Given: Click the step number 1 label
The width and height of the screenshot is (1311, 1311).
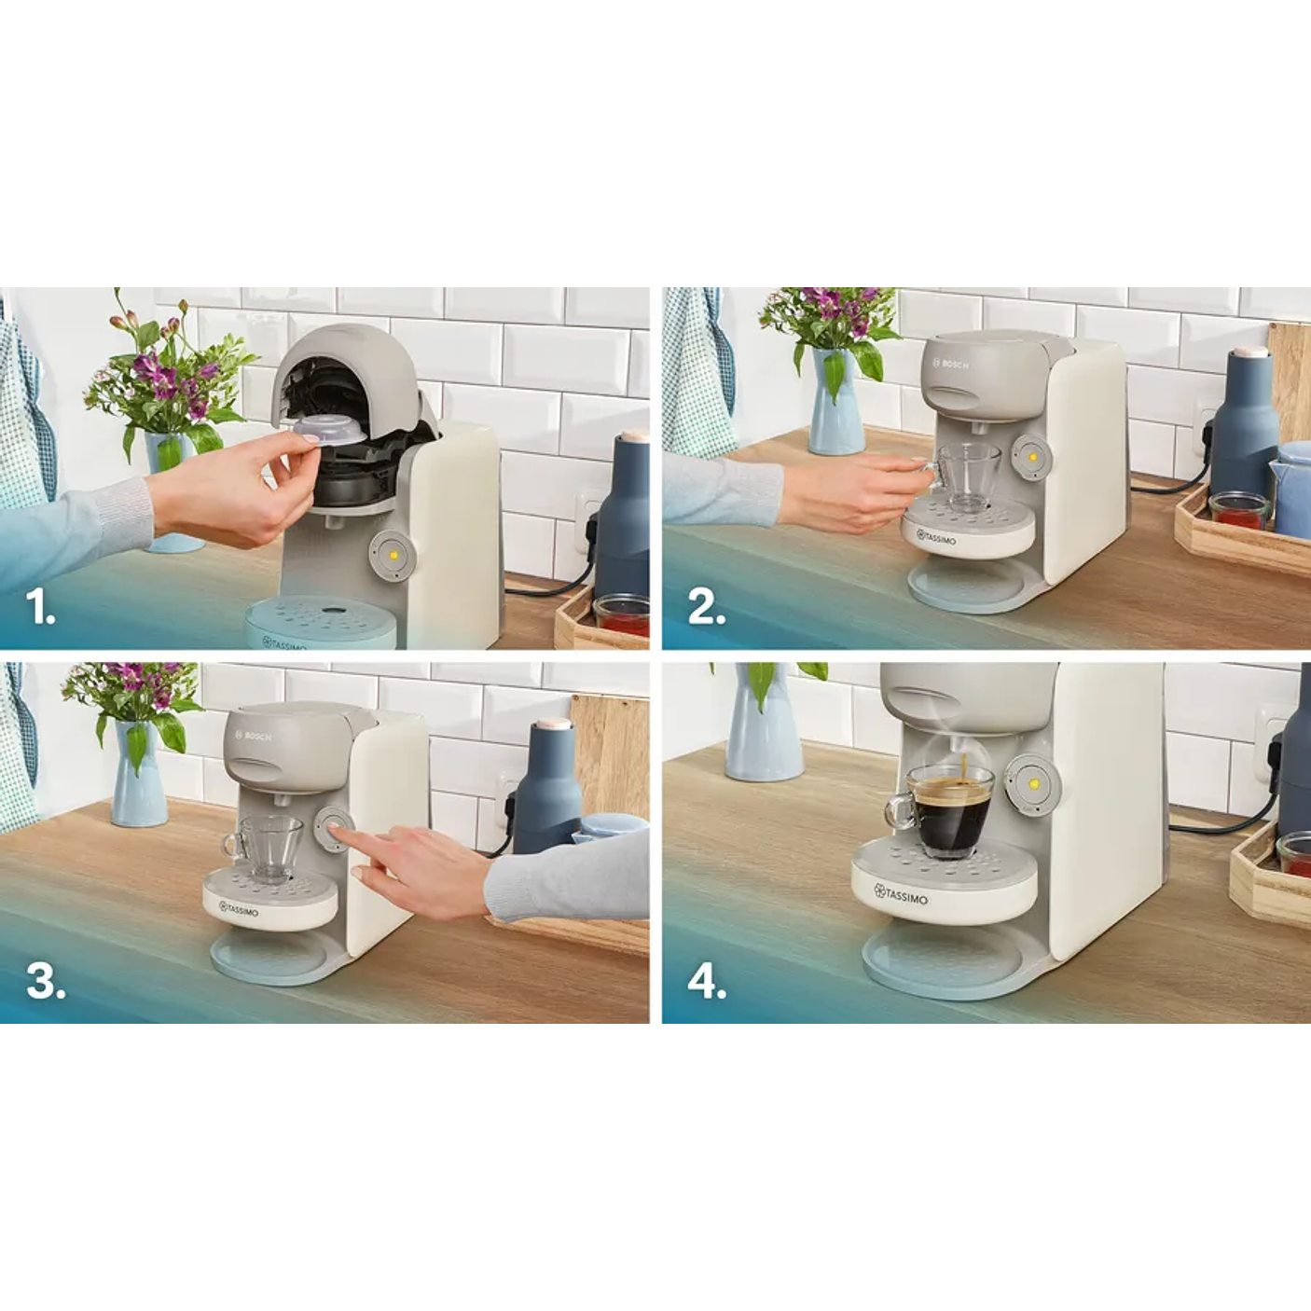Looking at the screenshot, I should pos(40,608).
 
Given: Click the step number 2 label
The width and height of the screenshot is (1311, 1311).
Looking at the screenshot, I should pos(706,608).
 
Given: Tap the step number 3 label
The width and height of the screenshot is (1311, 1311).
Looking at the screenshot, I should pos(45,981).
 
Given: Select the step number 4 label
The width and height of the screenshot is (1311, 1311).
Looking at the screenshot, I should pos(707,982).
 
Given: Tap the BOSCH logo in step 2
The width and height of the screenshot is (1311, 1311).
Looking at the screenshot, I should pos(951,363).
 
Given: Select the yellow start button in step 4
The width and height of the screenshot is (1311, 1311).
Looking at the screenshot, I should pos(1032,777).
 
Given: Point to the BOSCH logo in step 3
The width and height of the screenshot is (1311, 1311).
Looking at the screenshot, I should pos(254,736).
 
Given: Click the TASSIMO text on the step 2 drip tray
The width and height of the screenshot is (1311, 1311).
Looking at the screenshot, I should pos(936,539).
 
